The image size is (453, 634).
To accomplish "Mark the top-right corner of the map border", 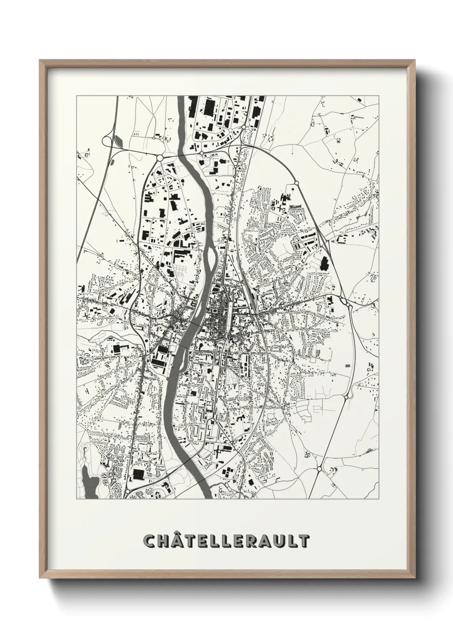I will [379, 96].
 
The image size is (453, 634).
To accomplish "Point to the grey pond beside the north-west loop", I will [119, 140].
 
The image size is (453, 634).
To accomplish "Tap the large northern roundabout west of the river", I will [160, 158].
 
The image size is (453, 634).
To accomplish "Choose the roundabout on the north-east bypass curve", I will [296, 183].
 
